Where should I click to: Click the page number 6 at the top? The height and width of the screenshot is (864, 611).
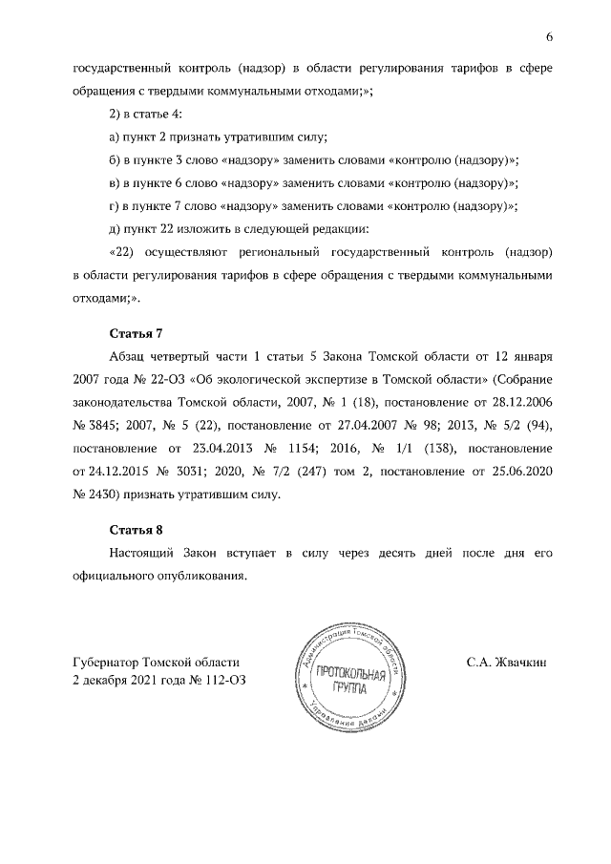click(x=550, y=36)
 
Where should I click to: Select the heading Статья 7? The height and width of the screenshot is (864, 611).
click(x=137, y=333)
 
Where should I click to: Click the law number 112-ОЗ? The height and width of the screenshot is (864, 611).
click(x=232, y=679)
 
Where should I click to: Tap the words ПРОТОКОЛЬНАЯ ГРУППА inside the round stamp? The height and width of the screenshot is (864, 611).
click(x=354, y=683)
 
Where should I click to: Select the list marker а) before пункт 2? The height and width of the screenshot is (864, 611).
click(x=116, y=138)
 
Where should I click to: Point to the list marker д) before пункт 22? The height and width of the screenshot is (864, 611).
click(x=116, y=229)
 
